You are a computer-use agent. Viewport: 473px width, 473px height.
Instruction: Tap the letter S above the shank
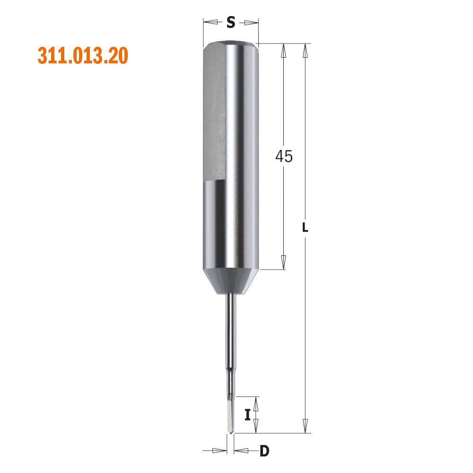coord(230,22)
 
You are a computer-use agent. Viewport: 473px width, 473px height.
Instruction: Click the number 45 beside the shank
coord(284,156)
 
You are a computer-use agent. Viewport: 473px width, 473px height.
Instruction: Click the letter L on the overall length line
coord(305,228)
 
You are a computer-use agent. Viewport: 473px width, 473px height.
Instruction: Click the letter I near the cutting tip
coord(247,415)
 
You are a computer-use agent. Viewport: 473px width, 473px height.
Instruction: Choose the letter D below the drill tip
coord(264,451)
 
